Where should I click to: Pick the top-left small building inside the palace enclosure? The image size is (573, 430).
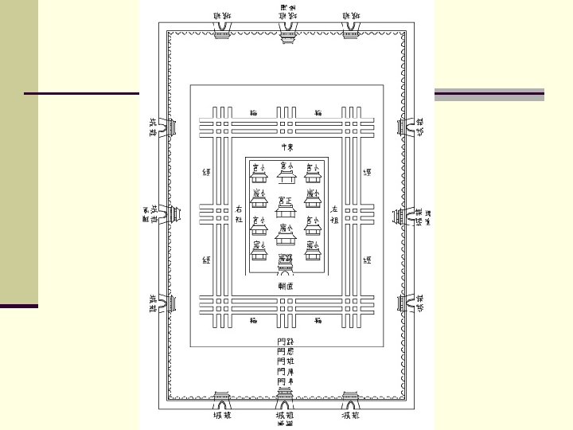(259, 172)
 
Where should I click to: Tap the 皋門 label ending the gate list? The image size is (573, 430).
(285, 381)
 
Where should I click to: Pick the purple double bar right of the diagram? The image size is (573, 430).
(489, 95)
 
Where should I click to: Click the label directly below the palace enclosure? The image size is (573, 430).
(286, 284)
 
